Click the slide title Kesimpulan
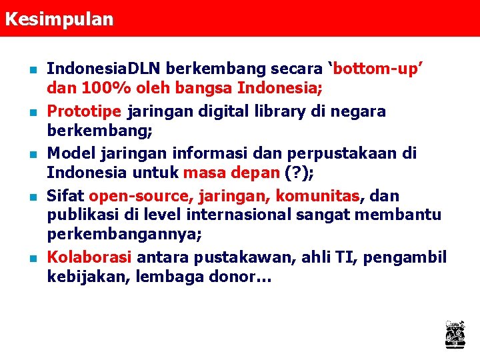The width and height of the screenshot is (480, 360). coord(59,18)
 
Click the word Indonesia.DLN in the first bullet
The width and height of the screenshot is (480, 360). coord(104,69)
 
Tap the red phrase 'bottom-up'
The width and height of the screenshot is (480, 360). coord(381,69)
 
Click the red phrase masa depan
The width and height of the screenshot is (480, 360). coord(230,173)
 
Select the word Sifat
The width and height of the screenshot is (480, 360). coord(65,196)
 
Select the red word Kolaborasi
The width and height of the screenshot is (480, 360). coord(89,257)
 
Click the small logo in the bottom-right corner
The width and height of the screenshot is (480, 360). coord(455,334)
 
